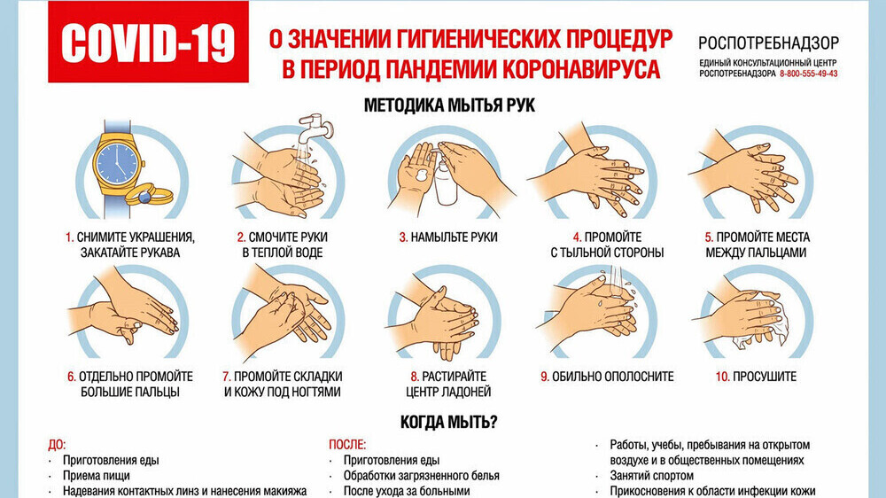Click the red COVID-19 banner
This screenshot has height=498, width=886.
coord(148,42)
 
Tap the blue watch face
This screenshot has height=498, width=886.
coord(117,163)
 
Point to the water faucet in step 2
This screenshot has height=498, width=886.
coord(316,128)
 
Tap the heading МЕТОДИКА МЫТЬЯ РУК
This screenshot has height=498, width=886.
coord(449,105)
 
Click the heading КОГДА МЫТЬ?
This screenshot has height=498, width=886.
coord(448,422)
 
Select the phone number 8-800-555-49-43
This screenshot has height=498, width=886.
coord(809,74)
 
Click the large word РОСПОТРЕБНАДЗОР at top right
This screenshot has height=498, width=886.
coord(768,43)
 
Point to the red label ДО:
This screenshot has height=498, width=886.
coord(57,445)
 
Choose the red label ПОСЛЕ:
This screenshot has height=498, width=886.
coord(347,445)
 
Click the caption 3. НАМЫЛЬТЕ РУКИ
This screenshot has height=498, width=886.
coord(448,237)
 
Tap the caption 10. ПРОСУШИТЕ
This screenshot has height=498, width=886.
coord(756,377)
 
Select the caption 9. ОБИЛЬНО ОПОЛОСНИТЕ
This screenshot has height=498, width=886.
coord(607,377)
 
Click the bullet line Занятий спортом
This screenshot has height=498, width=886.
coord(651,476)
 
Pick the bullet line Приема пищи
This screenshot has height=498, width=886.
coord(96,476)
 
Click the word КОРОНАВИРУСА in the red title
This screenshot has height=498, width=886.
coord(580,69)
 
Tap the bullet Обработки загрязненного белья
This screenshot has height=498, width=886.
coord(422,476)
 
